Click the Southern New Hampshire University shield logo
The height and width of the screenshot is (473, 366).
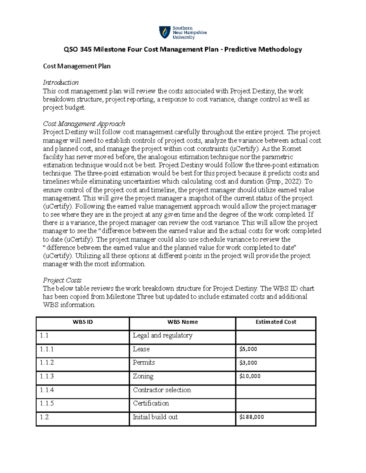click(165, 32)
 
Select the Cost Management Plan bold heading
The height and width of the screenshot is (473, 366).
click(77, 66)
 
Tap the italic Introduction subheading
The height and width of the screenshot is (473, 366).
click(61, 83)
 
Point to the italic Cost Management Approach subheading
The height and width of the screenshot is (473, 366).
click(84, 124)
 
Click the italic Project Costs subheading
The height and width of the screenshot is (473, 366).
click(62, 280)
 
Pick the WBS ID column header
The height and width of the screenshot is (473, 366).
click(83, 322)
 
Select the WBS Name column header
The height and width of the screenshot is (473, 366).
click(182, 322)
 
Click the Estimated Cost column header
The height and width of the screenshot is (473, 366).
click(276, 322)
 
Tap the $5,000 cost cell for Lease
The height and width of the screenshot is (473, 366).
click(248, 349)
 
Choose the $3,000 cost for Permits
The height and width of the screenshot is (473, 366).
click(248, 363)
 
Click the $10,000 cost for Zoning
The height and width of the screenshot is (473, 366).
click(250, 376)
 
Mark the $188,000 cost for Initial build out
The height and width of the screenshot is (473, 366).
click(252, 417)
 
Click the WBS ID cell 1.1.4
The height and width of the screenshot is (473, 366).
click(47, 390)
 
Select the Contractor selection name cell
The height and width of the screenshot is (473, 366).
click(162, 390)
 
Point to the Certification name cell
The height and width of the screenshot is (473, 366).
click(151, 403)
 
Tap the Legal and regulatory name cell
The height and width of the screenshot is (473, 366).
click(163, 335)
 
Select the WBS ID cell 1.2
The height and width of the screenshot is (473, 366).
click(44, 417)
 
